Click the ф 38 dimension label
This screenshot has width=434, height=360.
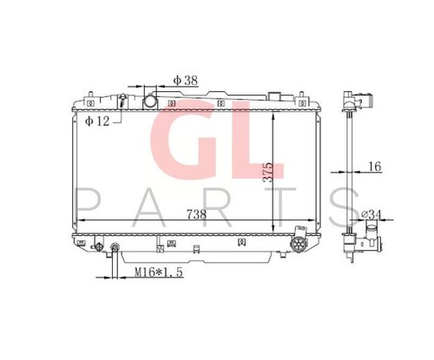186,80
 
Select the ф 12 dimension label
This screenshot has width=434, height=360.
97,121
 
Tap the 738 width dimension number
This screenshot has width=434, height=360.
196,214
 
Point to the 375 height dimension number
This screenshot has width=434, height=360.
267,172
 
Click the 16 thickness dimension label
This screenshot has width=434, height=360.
375,167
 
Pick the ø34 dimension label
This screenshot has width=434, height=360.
372,214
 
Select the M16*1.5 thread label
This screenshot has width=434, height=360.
159,272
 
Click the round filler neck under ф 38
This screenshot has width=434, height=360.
150,101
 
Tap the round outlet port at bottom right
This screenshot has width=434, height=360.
298,245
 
